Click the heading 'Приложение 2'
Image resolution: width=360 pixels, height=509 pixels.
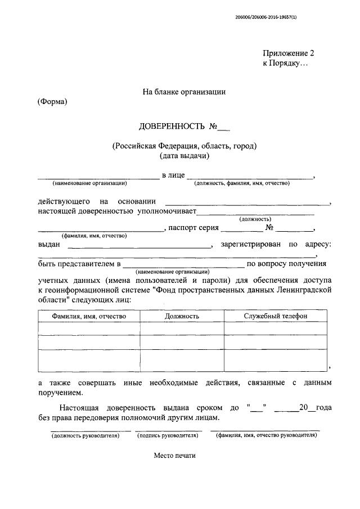(x=289, y=53)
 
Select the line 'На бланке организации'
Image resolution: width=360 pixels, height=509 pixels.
(x=184, y=92)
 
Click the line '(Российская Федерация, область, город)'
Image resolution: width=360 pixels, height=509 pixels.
(x=184, y=146)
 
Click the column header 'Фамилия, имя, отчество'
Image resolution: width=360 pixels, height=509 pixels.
(x=89, y=316)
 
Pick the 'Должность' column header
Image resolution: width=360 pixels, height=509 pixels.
(x=182, y=316)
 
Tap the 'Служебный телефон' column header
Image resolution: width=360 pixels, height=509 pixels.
(x=275, y=316)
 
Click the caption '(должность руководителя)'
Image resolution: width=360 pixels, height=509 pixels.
(x=85, y=435)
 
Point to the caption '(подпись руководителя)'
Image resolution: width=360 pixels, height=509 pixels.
(x=170, y=435)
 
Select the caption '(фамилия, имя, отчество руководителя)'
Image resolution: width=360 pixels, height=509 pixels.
(x=266, y=435)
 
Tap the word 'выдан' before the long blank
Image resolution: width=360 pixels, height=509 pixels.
(x=49, y=245)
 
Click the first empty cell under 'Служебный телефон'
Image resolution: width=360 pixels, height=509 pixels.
(x=275, y=328)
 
